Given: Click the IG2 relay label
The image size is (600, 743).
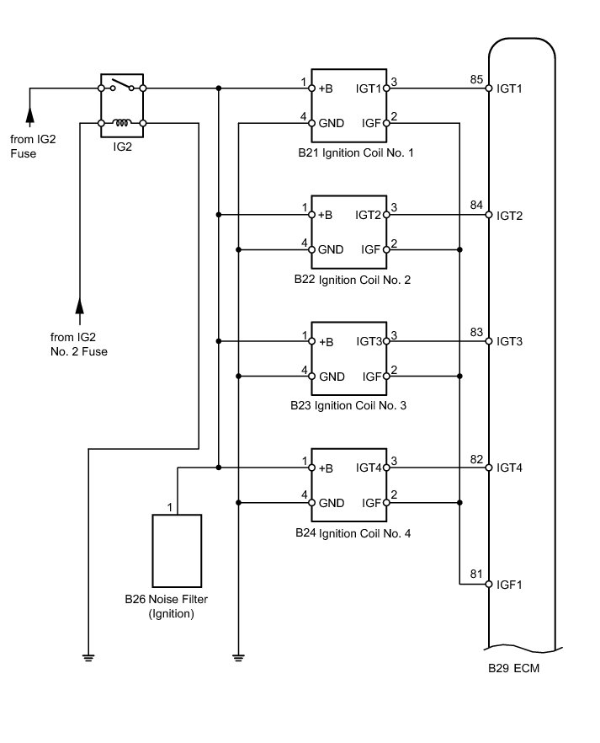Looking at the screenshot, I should (x=122, y=145).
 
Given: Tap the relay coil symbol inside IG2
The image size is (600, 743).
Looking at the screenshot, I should (x=122, y=123).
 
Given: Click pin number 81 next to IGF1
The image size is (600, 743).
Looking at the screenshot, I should (x=476, y=575).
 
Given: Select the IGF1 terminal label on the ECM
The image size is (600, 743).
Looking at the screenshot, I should (x=511, y=584).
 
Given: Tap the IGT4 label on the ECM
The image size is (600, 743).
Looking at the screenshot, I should (x=511, y=468).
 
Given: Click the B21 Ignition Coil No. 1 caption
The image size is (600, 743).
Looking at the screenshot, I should (x=354, y=153).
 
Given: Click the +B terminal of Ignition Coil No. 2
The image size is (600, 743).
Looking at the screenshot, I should (x=326, y=216).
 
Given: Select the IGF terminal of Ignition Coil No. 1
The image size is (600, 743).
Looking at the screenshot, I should (x=371, y=123).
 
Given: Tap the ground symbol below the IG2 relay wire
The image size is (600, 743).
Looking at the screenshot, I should (x=88, y=656).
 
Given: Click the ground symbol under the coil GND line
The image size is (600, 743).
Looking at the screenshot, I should (x=239, y=656).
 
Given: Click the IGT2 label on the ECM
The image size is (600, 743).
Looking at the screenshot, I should (x=511, y=216).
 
